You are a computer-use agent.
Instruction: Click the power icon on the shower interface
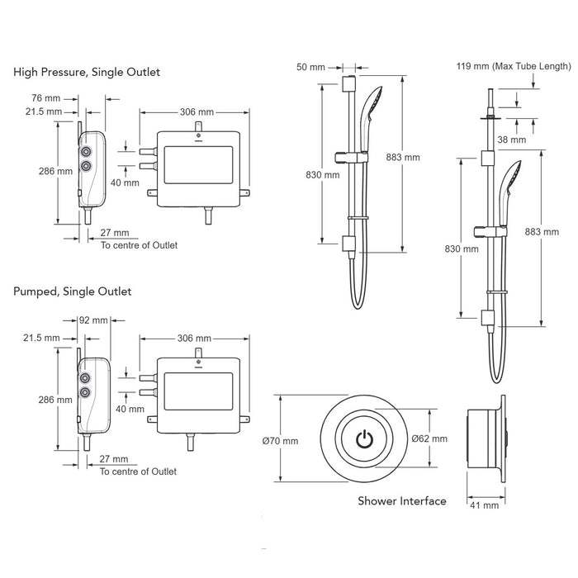(364, 438)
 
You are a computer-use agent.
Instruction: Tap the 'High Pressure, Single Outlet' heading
(87, 72)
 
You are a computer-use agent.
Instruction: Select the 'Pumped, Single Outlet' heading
(73, 291)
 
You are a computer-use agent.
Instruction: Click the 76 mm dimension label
(45, 98)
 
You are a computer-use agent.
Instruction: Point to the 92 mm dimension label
(93, 320)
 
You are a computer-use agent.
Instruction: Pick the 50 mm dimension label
(310, 67)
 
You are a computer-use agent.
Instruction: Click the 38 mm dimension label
(512, 140)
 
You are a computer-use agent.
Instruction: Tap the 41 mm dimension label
(484, 505)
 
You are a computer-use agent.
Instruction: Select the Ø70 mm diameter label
(280, 441)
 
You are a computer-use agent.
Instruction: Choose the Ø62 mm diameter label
(429, 438)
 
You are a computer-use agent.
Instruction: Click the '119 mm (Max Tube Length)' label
(514, 66)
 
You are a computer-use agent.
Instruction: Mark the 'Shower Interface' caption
(402, 501)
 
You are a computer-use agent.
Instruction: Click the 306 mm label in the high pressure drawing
(197, 112)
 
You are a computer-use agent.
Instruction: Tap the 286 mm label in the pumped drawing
(55, 400)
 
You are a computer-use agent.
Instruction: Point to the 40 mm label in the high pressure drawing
(125, 182)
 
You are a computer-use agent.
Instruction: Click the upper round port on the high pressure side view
(86, 151)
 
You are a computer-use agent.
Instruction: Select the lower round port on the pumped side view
(85, 392)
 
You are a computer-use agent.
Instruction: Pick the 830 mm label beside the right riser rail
(462, 249)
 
